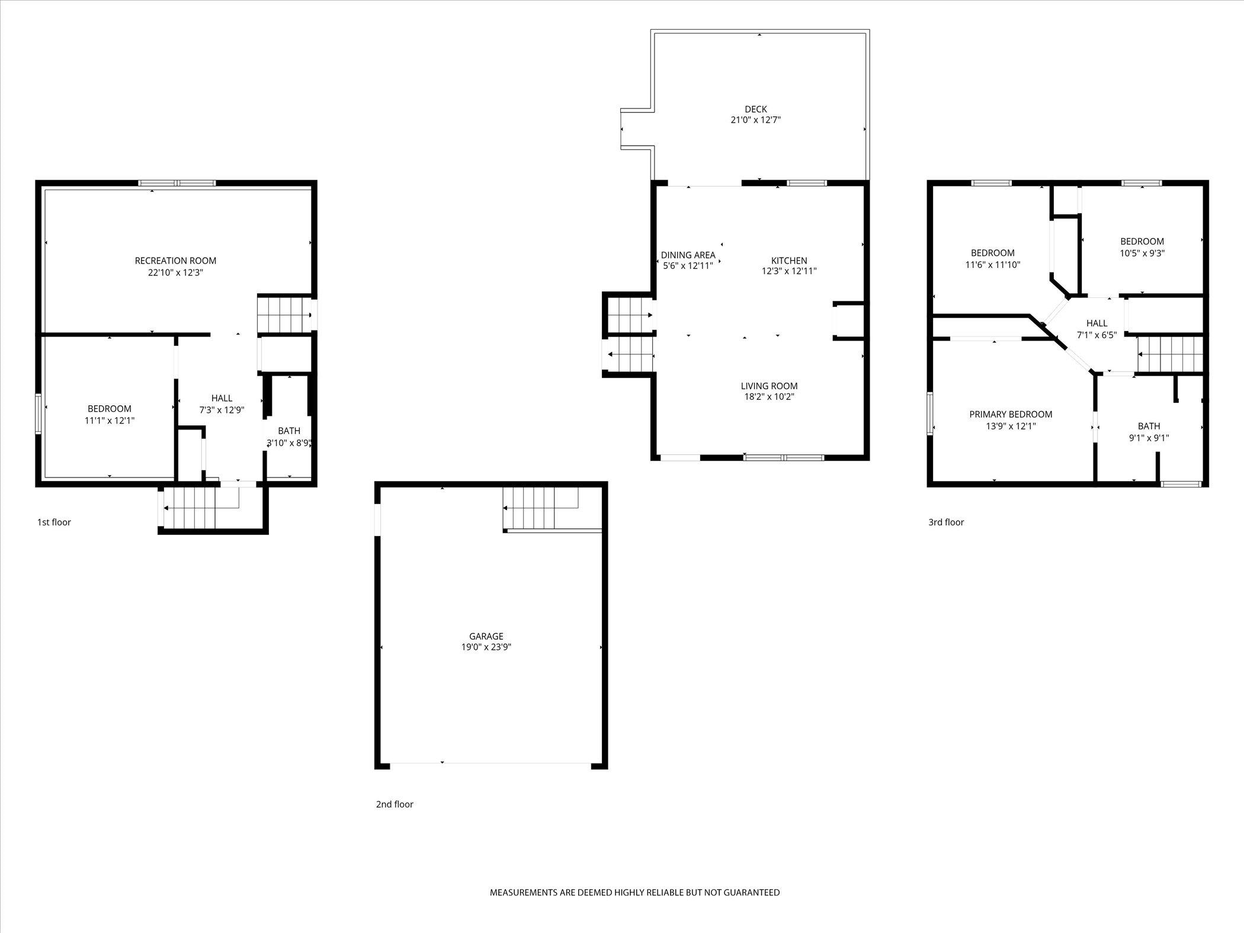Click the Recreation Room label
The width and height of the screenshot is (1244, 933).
[175, 261]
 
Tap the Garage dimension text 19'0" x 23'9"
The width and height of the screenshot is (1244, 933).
[486, 647]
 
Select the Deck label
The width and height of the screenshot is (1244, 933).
[755, 109]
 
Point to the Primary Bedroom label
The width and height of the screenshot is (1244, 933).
[1011, 415]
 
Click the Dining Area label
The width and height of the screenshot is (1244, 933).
[688, 255]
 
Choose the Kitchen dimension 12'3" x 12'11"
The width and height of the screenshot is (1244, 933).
[789, 271]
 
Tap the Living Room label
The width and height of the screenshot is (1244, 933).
[769, 386]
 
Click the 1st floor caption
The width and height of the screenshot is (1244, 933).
[54, 522]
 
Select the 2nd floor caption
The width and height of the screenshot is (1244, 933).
[395, 804]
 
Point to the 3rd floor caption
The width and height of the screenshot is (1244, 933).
[946, 522]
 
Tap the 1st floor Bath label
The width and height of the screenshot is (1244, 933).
[289, 431]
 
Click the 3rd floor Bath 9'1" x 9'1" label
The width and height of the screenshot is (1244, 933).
[1149, 432]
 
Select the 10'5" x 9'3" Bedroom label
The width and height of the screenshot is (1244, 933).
[1142, 247]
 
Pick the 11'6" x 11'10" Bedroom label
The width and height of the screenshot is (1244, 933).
[993, 259]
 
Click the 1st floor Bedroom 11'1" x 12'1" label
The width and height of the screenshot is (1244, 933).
[110, 415]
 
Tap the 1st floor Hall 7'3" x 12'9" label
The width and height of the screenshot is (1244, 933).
[222, 403]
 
